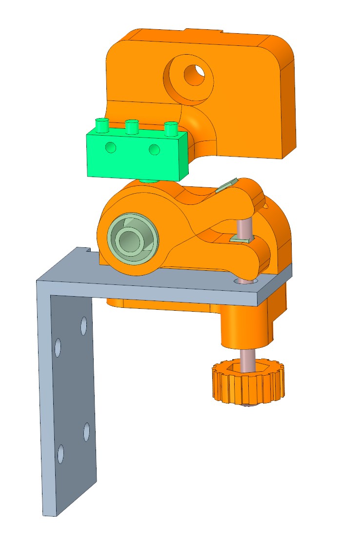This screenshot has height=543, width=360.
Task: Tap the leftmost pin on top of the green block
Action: coord(101,126)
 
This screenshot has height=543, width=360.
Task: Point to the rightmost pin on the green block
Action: coord(170,129)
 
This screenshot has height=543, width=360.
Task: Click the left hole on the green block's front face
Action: coord(111,146)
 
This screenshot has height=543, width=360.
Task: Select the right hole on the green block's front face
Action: coord(154,149)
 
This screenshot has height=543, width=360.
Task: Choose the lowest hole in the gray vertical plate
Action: coord(60,454)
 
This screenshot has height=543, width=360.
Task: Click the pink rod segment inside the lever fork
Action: coord(243,227)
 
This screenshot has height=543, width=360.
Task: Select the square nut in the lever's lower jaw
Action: coord(240,239)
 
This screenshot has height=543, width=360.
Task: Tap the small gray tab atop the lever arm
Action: coord(226,185)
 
